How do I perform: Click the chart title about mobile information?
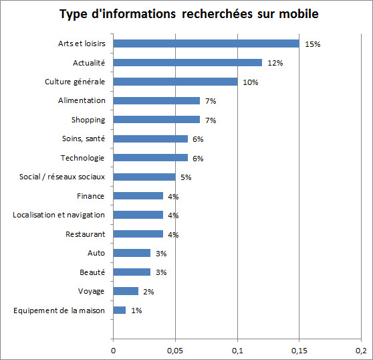189,14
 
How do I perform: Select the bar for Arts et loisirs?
206,43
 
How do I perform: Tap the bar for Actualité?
187,62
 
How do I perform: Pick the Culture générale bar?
175,82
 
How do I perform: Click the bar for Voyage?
126,291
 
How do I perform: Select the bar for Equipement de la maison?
119,310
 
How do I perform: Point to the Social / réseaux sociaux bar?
144,177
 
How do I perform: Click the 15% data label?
313,44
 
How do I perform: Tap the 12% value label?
275,63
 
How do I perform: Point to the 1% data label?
136,311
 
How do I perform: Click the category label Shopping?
88,120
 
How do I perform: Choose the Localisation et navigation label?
59,215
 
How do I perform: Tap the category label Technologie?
83,158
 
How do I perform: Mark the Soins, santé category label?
84,139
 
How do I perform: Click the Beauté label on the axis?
91,272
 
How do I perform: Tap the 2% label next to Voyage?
148,292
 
